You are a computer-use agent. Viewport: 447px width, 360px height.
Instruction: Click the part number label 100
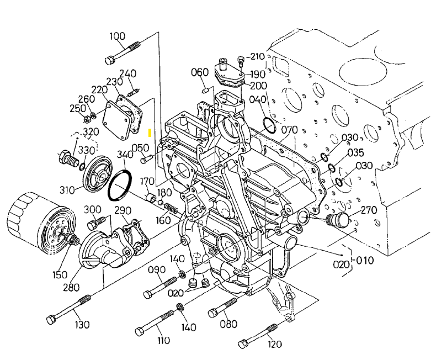tap(117, 37)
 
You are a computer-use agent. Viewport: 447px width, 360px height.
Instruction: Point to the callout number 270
tap(369, 210)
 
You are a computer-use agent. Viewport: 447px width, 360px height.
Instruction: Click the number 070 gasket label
tap(289, 130)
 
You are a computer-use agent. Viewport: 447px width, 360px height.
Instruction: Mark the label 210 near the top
tap(257, 56)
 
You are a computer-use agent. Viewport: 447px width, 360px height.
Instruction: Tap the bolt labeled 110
tap(156, 324)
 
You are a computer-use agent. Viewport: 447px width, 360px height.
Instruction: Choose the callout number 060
tap(200, 72)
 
